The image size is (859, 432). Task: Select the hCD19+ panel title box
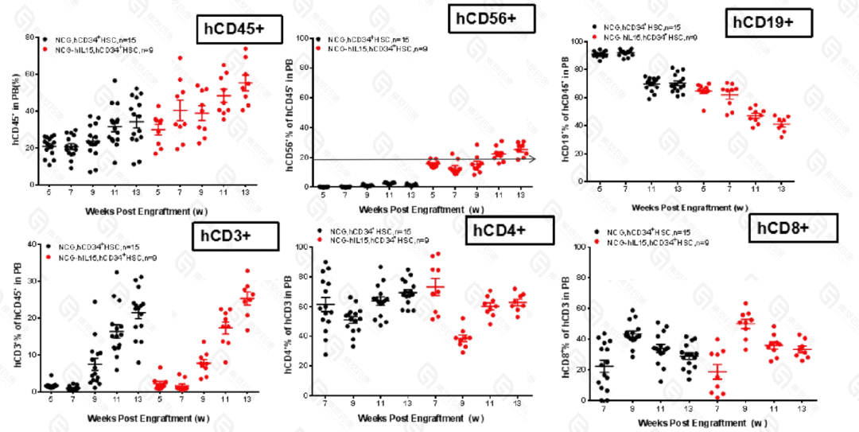tap(769, 22)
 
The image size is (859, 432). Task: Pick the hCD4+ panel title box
tap(511, 230)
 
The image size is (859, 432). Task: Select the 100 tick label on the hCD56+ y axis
tap(302, 37)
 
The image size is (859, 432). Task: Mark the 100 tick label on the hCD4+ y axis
tap(302, 247)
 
